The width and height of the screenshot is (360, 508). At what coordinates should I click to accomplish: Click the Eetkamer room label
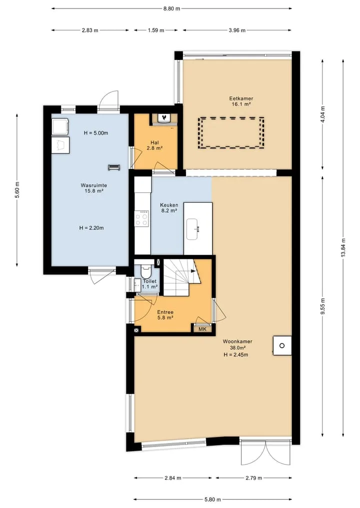tap(241, 98)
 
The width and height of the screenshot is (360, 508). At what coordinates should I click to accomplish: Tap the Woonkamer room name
tap(237, 341)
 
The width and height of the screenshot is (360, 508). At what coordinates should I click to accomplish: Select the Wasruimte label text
tap(93, 185)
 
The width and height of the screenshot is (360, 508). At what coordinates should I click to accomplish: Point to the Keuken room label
tap(169, 205)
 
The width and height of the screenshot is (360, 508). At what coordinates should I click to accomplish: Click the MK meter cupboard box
tap(202, 329)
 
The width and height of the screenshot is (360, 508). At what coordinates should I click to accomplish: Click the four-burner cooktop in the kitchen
tap(142, 219)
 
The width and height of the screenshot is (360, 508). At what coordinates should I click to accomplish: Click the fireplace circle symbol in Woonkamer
tap(282, 346)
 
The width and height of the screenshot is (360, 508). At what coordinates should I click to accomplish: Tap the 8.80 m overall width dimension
tap(171, 8)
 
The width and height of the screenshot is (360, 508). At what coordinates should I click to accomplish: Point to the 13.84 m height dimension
tap(343, 248)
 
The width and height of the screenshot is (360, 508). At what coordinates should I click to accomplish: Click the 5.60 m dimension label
tap(17, 190)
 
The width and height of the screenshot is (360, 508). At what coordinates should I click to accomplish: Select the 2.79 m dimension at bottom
tap(253, 478)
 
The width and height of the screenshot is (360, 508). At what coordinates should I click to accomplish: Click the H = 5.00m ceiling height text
tap(95, 133)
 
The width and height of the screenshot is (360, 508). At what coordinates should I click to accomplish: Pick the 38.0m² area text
tap(237, 348)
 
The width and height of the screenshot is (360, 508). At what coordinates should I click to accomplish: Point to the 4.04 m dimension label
tap(322, 114)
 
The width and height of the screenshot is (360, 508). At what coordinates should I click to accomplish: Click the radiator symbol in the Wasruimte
tap(114, 167)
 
